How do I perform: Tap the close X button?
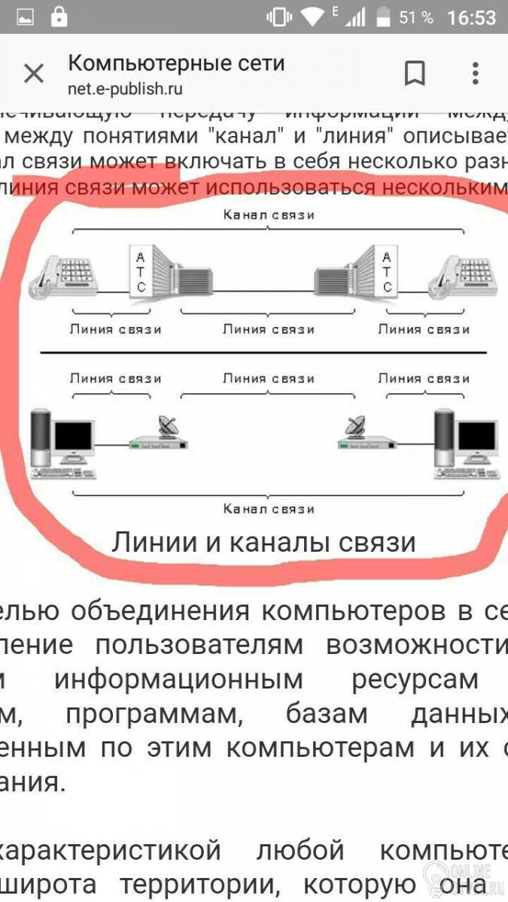pyautogui.click(x=34, y=74)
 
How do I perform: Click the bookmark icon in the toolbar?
pyautogui.click(x=415, y=74)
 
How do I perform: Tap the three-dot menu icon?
pyautogui.click(x=475, y=74)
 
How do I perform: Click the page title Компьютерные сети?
pyautogui.click(x=176, y=62)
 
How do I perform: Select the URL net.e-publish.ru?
pyautogui.click(x=125, y=89)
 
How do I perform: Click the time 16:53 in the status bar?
pyautogui.click(x=471, y=17)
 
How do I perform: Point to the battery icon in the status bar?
pyautogui.click(x=383, y=17)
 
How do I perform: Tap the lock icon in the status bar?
pyautogui.click(x=59, y=17)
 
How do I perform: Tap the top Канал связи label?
pyautogui.click(x=269, y=214)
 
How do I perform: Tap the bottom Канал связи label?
pyautogui.click(x=269, y=509)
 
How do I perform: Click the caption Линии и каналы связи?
pyautogui.click(x=263, y=542)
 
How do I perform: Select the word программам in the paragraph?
pyautogui.click(x=154, y=714)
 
